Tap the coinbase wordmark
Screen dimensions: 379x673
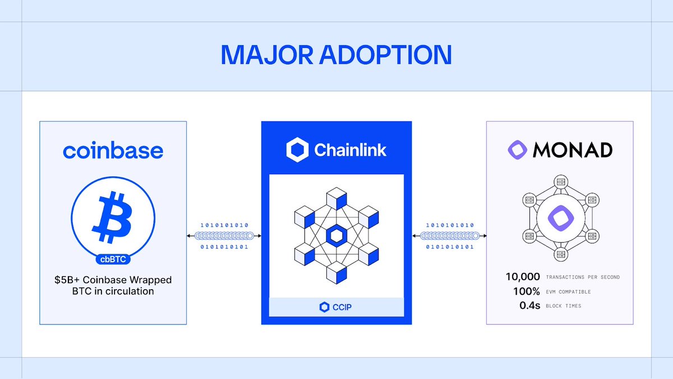(x=113, y=150)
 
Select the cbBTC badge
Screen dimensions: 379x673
(x=113, y=259)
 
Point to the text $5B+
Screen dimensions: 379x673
(x=67, y=280)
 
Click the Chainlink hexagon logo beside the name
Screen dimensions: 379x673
(x=297, y=150)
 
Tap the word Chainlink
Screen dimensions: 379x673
(x=350, y=150)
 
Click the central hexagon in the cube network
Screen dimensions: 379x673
(x=336, y=236)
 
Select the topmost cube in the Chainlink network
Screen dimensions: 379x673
(x=336, y=197)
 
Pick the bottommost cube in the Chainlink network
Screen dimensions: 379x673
(x=336, y=275)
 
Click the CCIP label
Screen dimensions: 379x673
(x=336, y=307)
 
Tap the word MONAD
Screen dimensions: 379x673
(x=573, y=150)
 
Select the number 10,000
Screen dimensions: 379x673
(x=523, y=277)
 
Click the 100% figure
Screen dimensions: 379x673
(x=526, y=291)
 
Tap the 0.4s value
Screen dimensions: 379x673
(x=529, y=306)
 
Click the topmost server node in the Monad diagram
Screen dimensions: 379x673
(x=560, y=181)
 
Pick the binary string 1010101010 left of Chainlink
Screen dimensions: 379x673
(x=224, y=225)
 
